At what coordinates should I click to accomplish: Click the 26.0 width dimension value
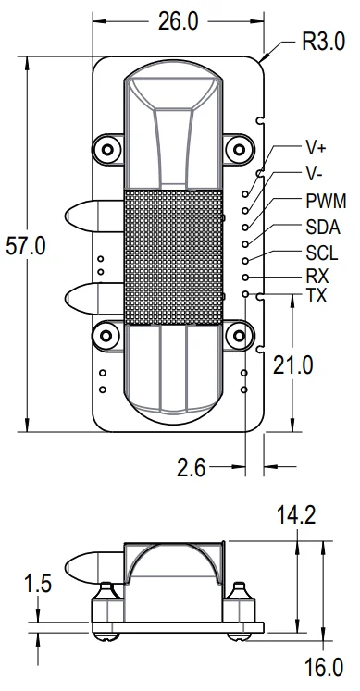click(x=179, y=21)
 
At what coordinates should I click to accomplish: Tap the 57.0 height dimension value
click(x=26, y=245)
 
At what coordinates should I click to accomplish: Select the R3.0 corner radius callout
click(x=323, y=42)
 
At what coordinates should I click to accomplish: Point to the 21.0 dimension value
click(x=293, y=365)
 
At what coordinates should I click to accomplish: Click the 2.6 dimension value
click(x=192, y=467)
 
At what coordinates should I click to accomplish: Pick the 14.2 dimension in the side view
click(x=296, y=514)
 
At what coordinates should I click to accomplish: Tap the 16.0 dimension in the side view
click(x=324, y=668)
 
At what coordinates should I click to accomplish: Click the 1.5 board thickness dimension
click(x=37, y=584)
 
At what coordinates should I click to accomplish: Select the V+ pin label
click(x=316, y=148)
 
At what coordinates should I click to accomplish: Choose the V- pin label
click(x=314, y=174)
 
